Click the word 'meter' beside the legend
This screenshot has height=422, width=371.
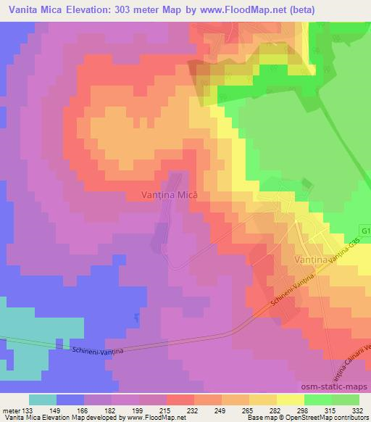click(x=11, y=410)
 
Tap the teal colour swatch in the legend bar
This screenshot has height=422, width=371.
click(x=43, y=400)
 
